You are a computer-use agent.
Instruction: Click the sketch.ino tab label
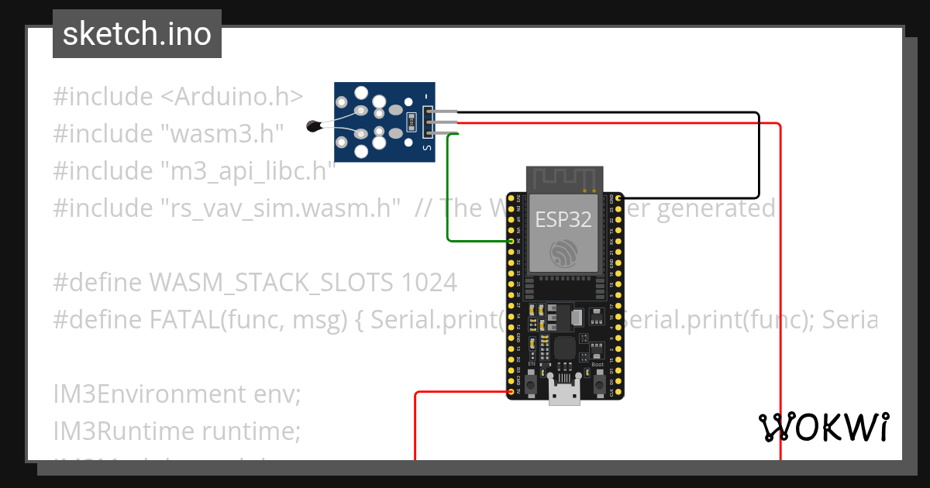point(137,34)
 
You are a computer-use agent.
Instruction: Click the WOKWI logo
point(822,428)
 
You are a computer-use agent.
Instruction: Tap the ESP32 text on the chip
point(563,219)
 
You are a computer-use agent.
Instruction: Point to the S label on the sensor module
point(425,146)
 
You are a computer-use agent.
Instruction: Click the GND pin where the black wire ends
point(618,198)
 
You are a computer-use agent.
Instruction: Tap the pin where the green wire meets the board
point(511,241)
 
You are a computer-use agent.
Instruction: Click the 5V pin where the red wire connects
point(511,393)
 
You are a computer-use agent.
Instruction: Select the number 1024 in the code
point(429,283)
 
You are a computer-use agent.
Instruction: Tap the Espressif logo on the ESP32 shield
point(563,253)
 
